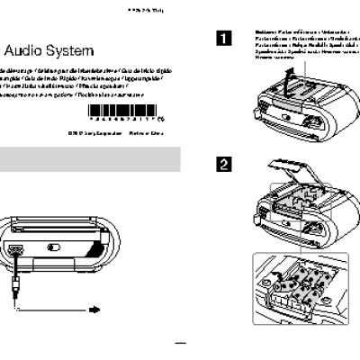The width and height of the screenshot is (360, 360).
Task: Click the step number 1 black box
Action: (222, 38)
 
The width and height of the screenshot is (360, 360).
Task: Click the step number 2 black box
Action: (222, 165)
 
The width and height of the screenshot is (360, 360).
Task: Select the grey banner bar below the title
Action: (90, 163)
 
